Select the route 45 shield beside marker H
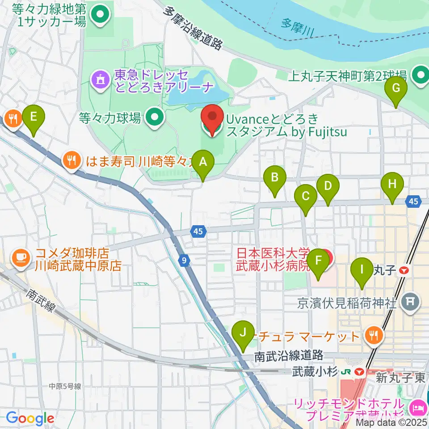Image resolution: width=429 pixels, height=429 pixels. point(413,202)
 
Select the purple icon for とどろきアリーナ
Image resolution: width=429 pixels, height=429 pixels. point(99,80)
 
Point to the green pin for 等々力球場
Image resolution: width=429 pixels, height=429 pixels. point(155,118)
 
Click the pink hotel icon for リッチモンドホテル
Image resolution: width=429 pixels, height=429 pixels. point(420,408)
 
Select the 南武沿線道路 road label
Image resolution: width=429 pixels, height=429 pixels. point(289,356)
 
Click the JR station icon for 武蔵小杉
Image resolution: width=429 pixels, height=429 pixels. point(358,371)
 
